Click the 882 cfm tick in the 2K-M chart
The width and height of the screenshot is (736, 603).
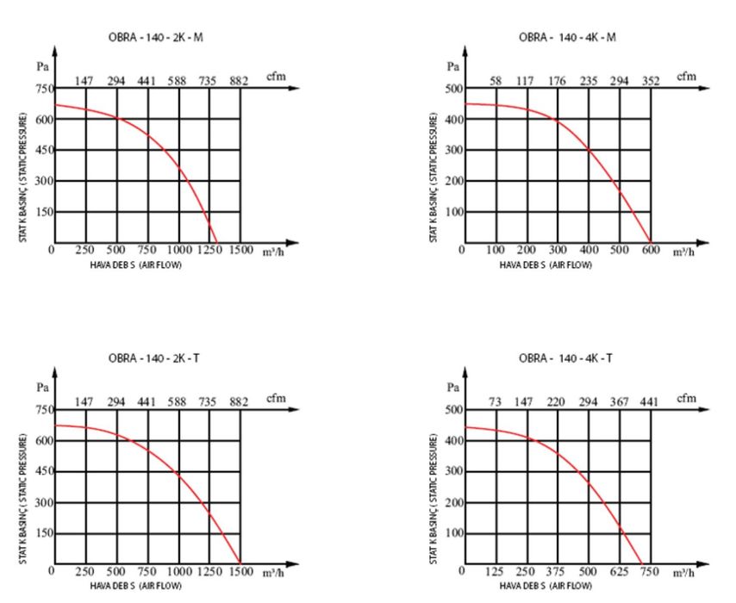(239, 81)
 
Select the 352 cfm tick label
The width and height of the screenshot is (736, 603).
(650, 81)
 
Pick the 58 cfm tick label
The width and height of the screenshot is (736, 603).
(496, 81)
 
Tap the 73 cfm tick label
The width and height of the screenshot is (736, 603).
(496, 402)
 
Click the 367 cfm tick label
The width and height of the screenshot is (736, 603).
(619, 402)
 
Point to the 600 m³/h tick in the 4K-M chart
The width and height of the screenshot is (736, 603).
(651, 251)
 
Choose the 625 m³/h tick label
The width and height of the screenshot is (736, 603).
(619, 572)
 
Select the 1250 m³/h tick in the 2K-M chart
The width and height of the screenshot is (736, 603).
(209, 251)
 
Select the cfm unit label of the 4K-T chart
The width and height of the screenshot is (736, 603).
(686, 398)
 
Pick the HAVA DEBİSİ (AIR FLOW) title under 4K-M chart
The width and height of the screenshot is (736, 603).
(546, 265)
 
